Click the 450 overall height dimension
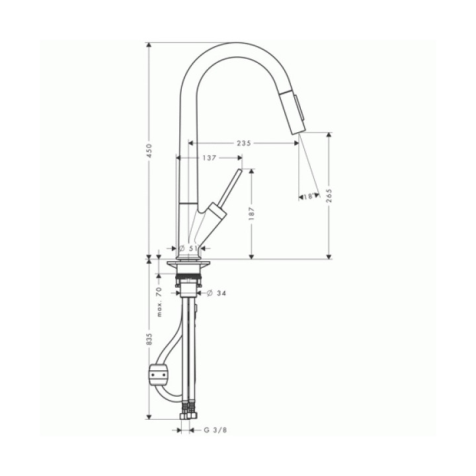click(149, 151)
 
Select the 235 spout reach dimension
click(244, 143)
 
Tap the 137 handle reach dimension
click(210, 157)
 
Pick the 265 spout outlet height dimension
click(329, 196)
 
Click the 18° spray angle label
click(309, 196)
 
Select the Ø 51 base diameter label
click(188, 249)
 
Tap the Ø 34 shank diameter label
click(216, 294)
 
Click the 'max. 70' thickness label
click(160, 302)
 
